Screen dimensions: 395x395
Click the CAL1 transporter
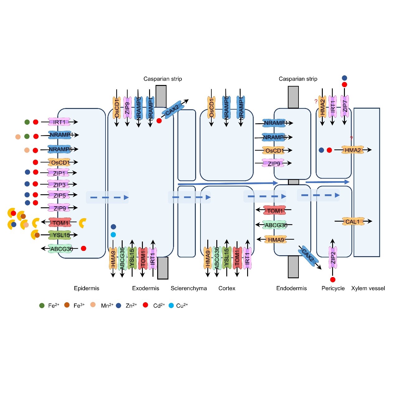(x=353, y=222)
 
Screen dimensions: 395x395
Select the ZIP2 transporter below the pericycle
(x=333, y=257)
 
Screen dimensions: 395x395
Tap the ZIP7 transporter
(x=345, y=106)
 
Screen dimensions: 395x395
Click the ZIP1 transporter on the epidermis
(x=59, y=173)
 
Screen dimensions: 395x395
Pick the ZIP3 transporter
(x=59, y=185)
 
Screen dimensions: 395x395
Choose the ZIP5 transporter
(x=59, y=195)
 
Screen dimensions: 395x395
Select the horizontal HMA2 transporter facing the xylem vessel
(x=352, y=150)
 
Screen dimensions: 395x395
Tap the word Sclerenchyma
(x=189, y=288)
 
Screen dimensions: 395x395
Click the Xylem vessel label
(x=368, y=288)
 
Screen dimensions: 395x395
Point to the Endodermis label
(x=291, y=288)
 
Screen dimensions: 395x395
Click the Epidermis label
(x=87, y=288)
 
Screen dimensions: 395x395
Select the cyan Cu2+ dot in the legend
(x=171, y=305)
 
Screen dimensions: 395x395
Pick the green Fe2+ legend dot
(x=42, y=305)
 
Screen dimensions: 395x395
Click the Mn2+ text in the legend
(x=107, y=306)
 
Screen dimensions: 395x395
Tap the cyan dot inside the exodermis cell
(x=113, y=235)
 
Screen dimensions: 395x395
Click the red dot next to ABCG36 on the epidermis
(x=83, y=248)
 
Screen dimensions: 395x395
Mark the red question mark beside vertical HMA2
(x=316, y=101)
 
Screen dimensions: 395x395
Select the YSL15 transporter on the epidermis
(x=61, y=235)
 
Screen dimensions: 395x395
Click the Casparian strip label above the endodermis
(x=298, y=79)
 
